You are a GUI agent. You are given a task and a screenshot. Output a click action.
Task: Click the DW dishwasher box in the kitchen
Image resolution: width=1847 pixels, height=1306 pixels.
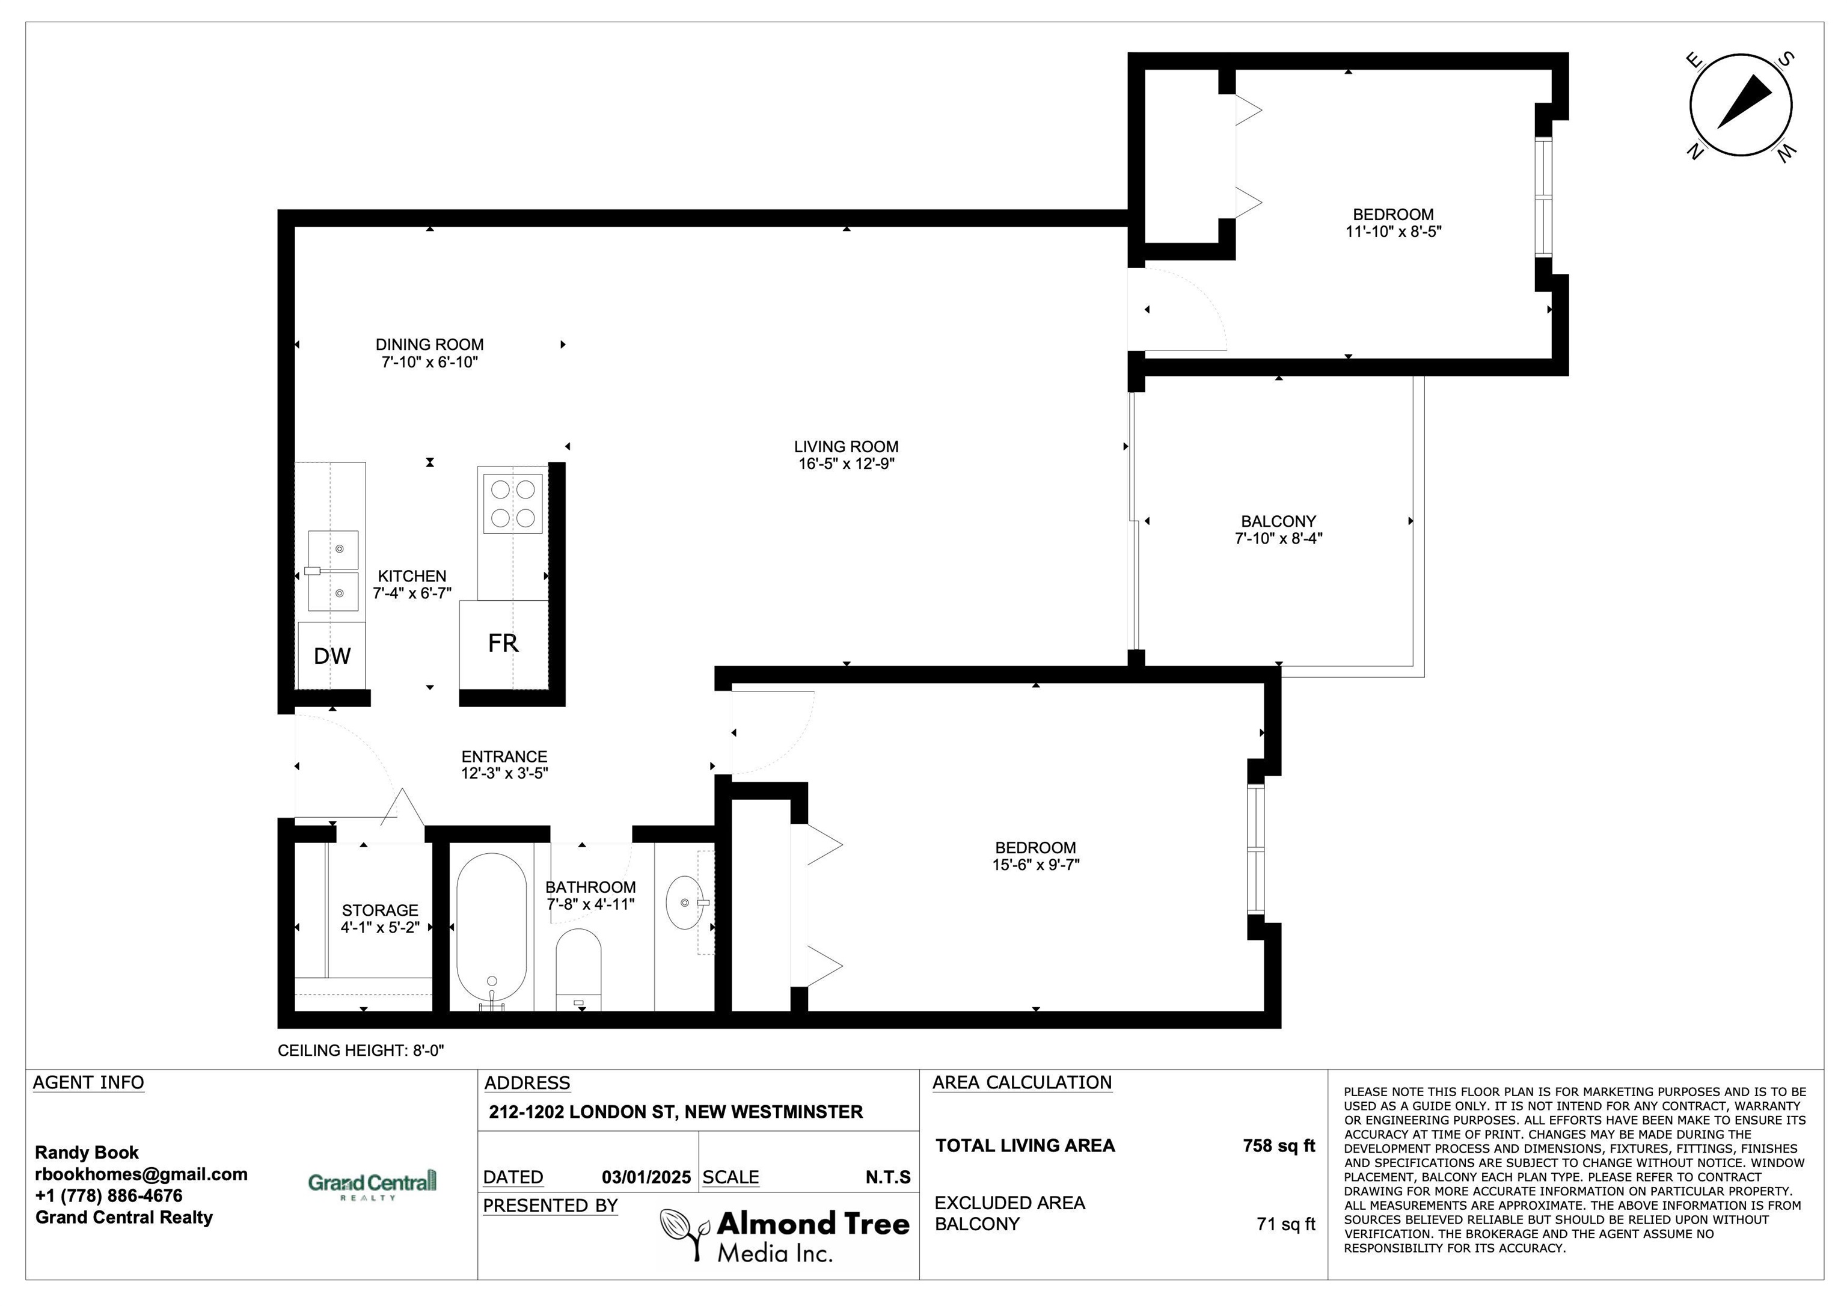(x=331, y=655)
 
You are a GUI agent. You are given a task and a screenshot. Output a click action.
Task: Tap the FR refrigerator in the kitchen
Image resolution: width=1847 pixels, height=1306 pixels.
(x=504, y=645)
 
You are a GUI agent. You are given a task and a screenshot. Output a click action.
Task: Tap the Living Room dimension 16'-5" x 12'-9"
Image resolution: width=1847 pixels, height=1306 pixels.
(x=847, y=464)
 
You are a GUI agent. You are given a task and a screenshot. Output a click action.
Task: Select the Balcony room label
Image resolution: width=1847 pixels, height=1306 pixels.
(x=1278, y=521)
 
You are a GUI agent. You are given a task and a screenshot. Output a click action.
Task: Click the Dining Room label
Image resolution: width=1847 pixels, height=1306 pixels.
(x=429, y=345)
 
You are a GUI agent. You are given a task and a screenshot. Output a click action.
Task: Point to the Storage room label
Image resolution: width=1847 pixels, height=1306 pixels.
(x=380, y=910)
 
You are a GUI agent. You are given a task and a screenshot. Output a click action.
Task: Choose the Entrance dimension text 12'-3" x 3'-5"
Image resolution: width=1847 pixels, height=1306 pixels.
(x=504, y=773)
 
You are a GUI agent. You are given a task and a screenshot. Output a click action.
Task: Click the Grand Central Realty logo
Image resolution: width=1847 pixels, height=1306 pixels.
(x=372, y=1185)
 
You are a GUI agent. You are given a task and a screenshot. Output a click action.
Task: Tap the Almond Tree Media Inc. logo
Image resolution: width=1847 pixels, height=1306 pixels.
(x=785, y=1235)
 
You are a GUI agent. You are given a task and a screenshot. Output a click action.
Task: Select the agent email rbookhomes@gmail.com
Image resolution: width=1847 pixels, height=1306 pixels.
(x=141, y=1174)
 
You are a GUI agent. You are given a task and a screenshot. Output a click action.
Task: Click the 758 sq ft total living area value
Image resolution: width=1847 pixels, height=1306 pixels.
(x=1279, y=1145)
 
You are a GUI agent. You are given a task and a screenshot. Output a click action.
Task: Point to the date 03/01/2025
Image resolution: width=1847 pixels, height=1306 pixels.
(x=646, y=1177)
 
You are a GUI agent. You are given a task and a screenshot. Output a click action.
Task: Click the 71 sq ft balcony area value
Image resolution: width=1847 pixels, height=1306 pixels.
(x=1285, y=1224)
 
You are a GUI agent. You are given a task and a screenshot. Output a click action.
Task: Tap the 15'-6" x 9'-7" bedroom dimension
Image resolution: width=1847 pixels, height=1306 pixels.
(x=1035, y=865)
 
